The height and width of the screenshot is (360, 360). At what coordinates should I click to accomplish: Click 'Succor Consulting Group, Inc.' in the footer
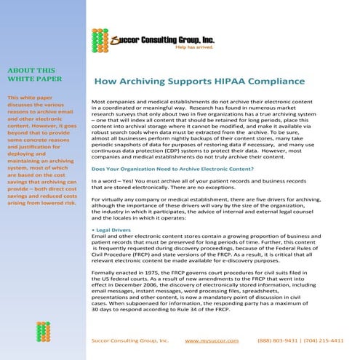click(130, 340)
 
